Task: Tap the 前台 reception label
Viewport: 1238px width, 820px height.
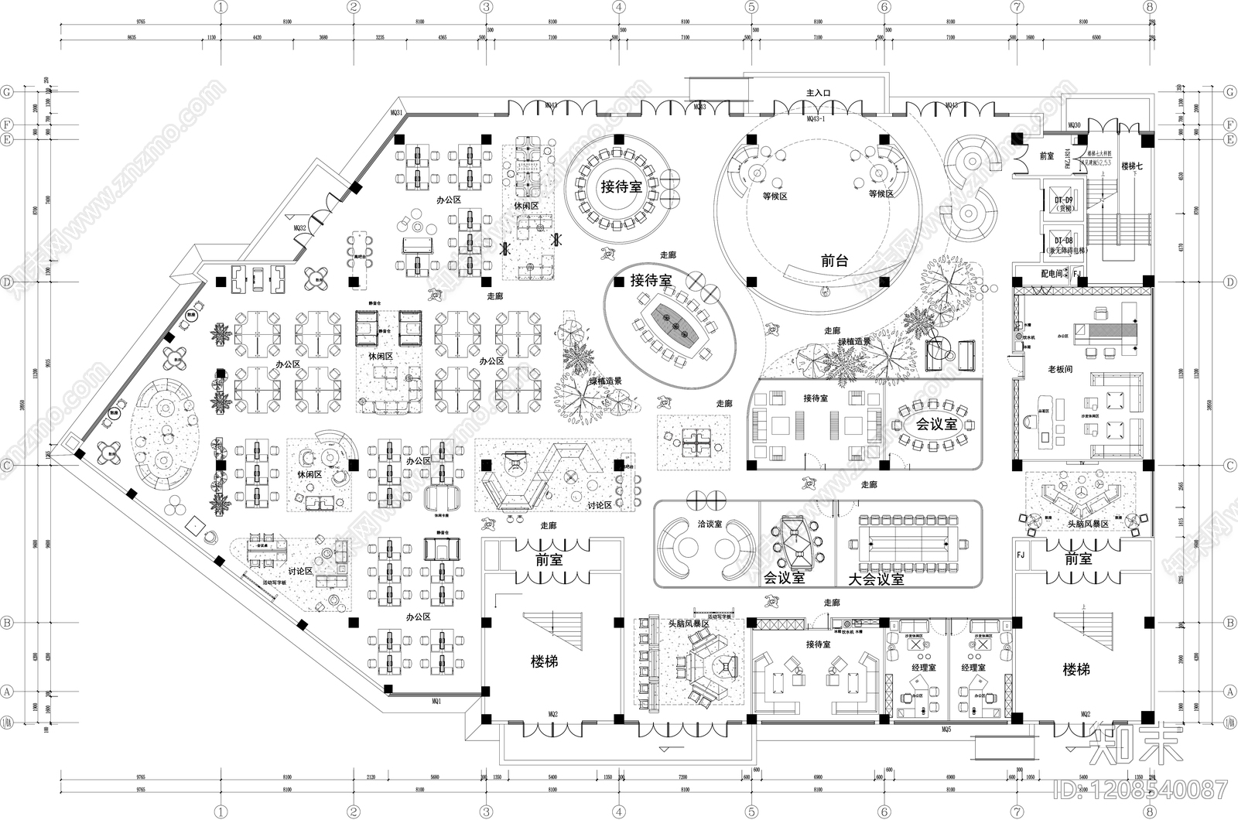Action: [x=834, y=261]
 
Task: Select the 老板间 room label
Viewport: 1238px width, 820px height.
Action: [x=1060, y=369]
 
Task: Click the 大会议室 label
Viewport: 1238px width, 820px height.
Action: [x=876, y=579]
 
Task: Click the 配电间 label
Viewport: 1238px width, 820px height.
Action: [x=1052, y=274]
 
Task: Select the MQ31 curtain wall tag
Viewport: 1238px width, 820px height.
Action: [x=397, y=113]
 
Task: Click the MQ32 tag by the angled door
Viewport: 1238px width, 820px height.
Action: [x=299, y=228]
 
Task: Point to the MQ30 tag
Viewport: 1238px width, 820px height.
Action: [x=1073, y=125]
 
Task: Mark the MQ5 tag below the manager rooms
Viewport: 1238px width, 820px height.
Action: [x=946, y=729]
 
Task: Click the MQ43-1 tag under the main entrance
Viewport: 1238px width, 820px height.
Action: [x=816, y=119]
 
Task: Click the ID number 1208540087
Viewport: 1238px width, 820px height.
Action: [x=1141, y=790]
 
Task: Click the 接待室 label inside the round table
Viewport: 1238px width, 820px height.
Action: [x=621, y=187]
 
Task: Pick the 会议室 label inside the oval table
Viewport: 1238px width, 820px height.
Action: [x=936, y=425]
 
